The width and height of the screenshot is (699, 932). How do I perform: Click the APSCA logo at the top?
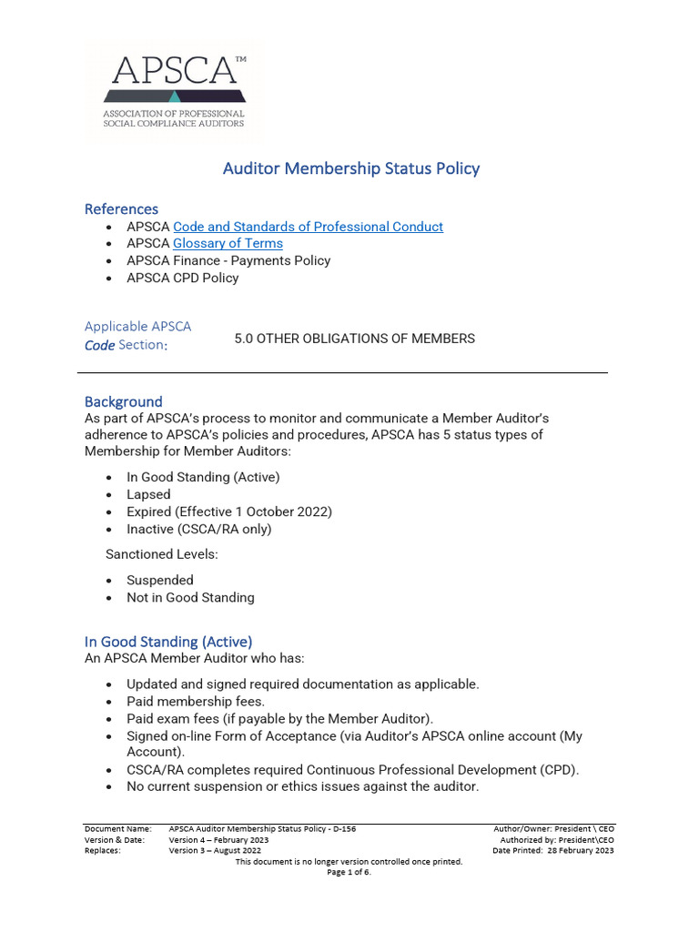click(174, 90)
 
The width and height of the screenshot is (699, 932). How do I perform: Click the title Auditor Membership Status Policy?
click(351, 168)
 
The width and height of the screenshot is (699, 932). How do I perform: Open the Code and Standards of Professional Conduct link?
click(308, 227)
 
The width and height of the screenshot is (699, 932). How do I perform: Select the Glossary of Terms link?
click(228, 244)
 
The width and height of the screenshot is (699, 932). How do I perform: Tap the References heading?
click(121, 209)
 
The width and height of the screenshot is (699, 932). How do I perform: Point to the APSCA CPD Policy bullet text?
click(182, 278)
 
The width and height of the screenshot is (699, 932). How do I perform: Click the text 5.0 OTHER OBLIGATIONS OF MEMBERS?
click(354, 339)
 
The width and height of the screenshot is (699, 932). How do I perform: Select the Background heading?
click(123, 401)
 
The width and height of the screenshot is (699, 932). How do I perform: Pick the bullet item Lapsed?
click(148, 494)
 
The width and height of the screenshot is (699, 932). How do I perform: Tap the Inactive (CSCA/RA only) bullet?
click(198, 529)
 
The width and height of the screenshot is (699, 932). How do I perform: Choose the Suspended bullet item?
click(160, 580)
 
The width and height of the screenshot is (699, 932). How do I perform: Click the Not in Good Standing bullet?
click(190, 598)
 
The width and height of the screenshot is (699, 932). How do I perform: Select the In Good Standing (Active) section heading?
click(168, 642)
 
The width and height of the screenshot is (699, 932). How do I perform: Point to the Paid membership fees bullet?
click(196, 701)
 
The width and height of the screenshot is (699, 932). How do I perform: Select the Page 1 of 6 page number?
click(349, 872)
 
